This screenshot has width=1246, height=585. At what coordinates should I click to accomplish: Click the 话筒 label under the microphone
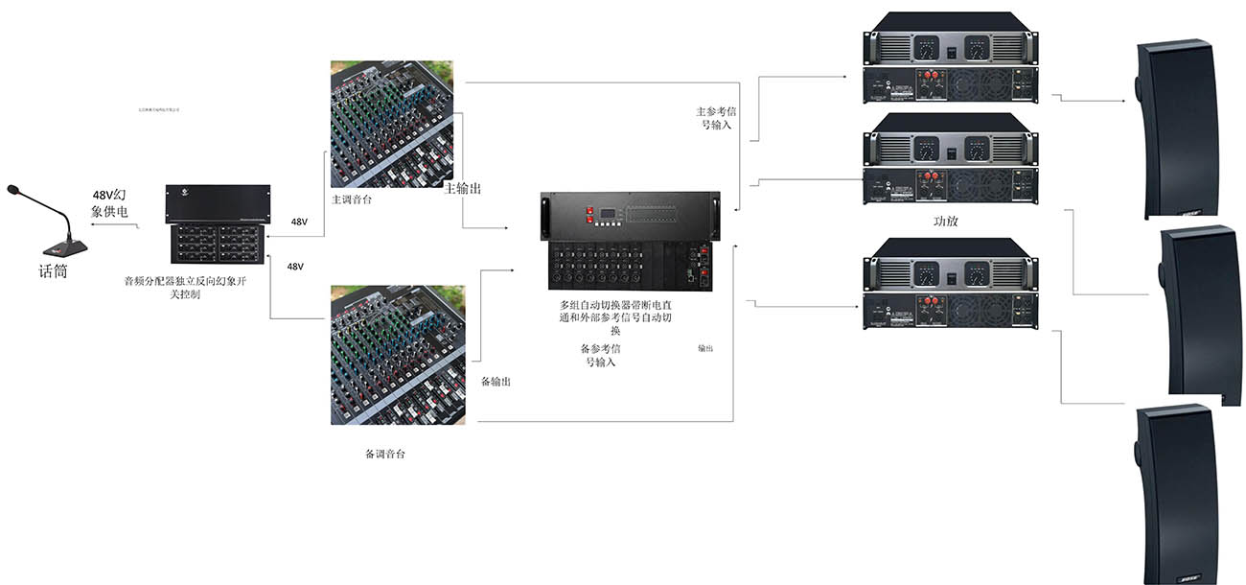54,271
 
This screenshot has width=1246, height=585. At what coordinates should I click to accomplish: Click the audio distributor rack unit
218,224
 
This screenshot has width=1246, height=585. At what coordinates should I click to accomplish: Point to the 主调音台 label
352,200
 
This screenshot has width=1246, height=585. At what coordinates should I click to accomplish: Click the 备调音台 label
385,454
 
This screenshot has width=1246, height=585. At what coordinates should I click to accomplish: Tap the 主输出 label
462,189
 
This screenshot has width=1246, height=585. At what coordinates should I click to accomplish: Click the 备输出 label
495,382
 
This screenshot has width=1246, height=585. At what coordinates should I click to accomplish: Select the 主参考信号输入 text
713,117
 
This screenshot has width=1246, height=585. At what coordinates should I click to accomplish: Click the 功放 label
945,221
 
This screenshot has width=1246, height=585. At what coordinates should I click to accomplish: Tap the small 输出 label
704,349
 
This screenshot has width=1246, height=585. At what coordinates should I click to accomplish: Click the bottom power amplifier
950,283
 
